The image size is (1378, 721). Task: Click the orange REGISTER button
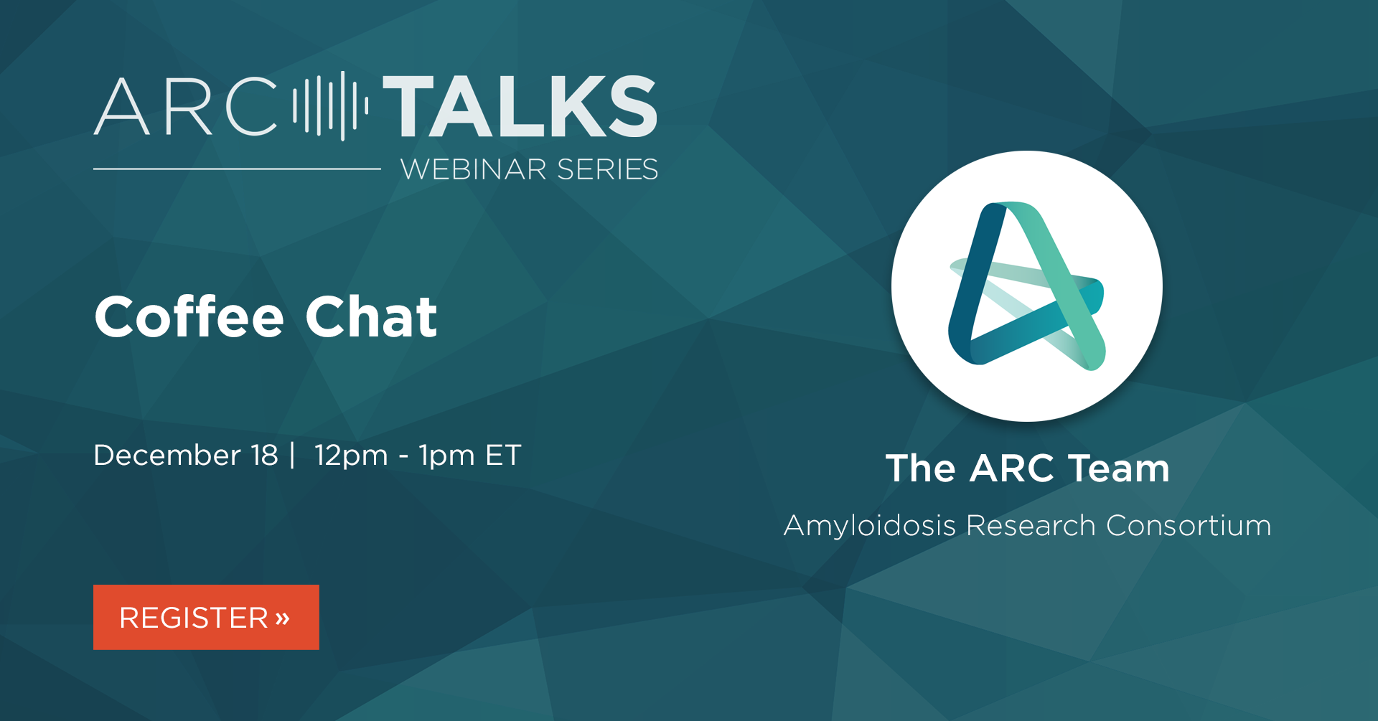(206, 617)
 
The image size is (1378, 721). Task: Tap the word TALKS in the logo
(520, 106)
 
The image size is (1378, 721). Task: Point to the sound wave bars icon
(331, 105)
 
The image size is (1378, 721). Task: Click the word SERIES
(607, 169)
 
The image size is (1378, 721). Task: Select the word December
(167, 455)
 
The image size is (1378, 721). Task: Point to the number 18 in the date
(264, 455)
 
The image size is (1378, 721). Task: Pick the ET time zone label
(503, 455)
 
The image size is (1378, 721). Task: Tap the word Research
(1031, 526)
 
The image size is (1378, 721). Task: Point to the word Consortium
(1189, 526)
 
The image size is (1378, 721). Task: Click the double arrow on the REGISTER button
(282, 618)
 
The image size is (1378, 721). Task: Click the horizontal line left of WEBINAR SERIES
(237, 169)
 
